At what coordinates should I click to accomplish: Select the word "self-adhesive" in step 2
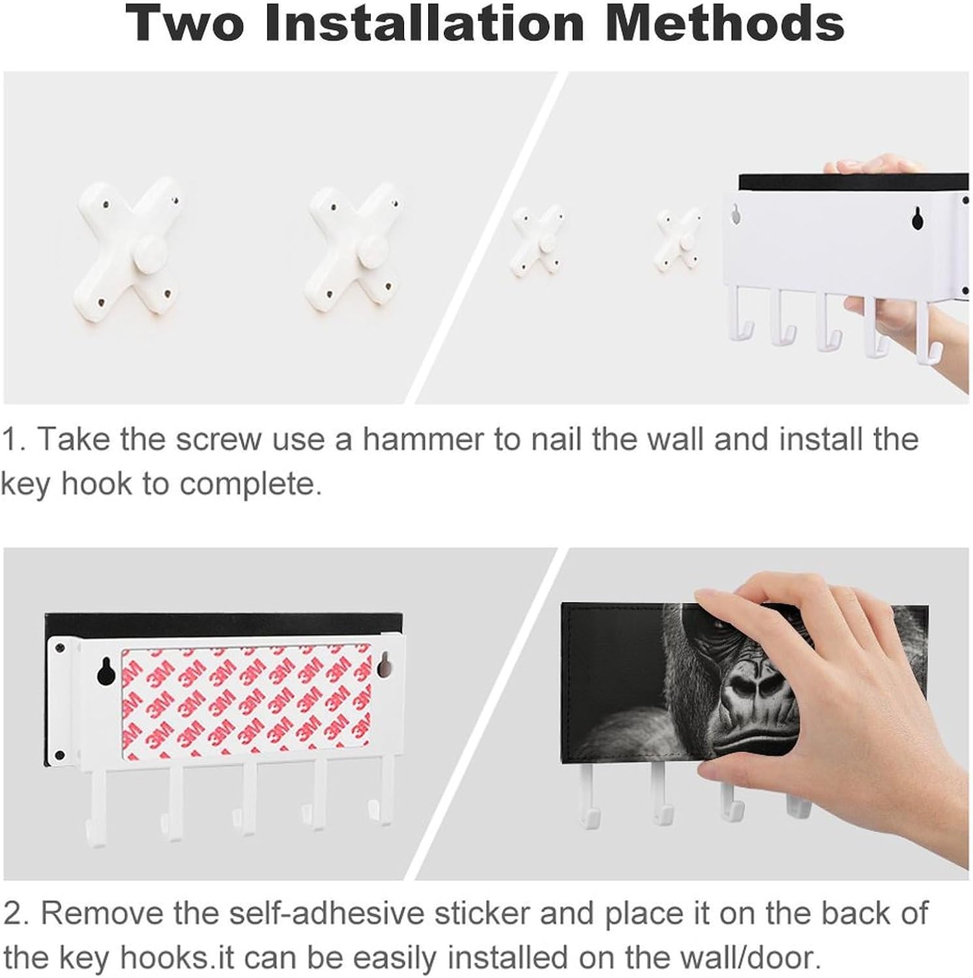point(332,913)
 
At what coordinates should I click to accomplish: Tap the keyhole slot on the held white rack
point(918,218)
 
